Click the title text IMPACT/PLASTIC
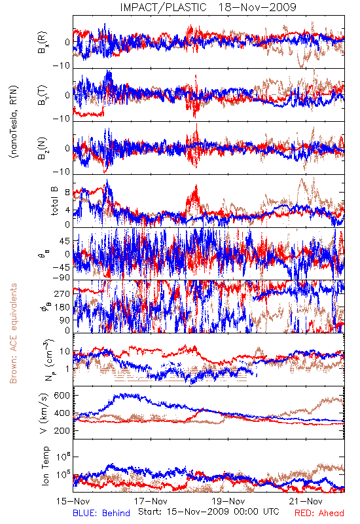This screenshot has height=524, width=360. (x=163, y=7)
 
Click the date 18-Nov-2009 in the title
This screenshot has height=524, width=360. (x=257, y=7)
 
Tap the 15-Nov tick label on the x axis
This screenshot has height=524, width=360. (x=73, y=501)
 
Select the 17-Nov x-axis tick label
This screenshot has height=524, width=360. (x=151, y=501)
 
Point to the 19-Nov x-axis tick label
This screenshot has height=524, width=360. (x=228, y=501)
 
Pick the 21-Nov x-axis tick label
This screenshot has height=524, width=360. (x=306, y=501)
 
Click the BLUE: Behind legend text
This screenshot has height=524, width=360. (x=101, y=514)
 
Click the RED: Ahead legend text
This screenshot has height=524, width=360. (x=319, y=514)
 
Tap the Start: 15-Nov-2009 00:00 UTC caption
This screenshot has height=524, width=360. (x=209, y=512)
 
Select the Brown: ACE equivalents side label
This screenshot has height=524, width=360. (x=13, y=333)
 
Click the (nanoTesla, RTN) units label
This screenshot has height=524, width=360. (x=13, y=122)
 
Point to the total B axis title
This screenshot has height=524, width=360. (x=54, y=201)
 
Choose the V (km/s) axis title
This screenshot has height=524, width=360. (x=44, y=414)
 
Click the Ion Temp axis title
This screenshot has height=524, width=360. (x=45, y=466)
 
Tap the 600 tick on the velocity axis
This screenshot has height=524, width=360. (x=62, y=396)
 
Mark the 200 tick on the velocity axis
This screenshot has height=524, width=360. (x=62, y=431)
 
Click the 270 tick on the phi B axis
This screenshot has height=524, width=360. (x=62, y=293)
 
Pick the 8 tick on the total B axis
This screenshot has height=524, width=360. (x=67, y=193)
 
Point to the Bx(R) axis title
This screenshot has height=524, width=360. (x=43, y=43)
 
